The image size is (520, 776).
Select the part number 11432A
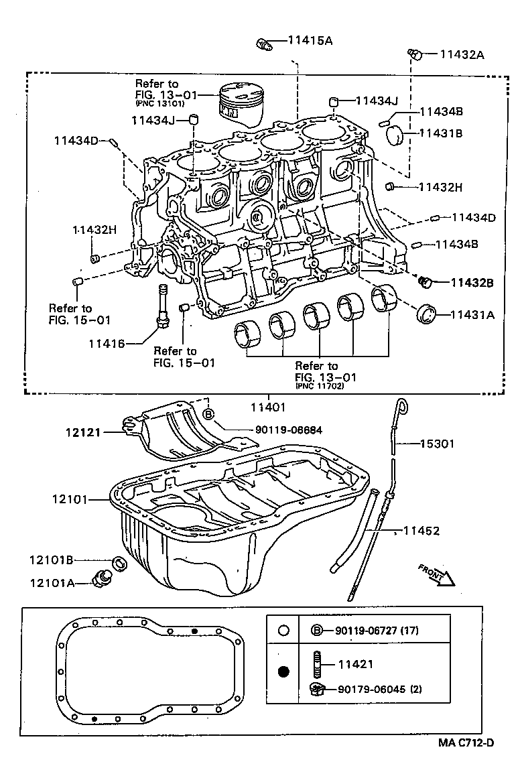[462, 54]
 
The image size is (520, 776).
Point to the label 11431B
[441, 133]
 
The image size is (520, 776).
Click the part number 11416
[106, 344]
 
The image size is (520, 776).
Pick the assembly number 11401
[269, 407]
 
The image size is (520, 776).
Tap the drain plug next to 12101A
[106, 577]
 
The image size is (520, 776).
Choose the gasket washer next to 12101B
[118, 562]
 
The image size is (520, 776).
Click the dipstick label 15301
[440, 443]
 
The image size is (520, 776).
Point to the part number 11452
[421, 531]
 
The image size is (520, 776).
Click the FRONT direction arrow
[436, 575]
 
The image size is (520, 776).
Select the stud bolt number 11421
[355, 664]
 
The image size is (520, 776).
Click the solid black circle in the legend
[283, 671]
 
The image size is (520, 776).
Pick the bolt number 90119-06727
[370, 630]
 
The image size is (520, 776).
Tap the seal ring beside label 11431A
[427, 313]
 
